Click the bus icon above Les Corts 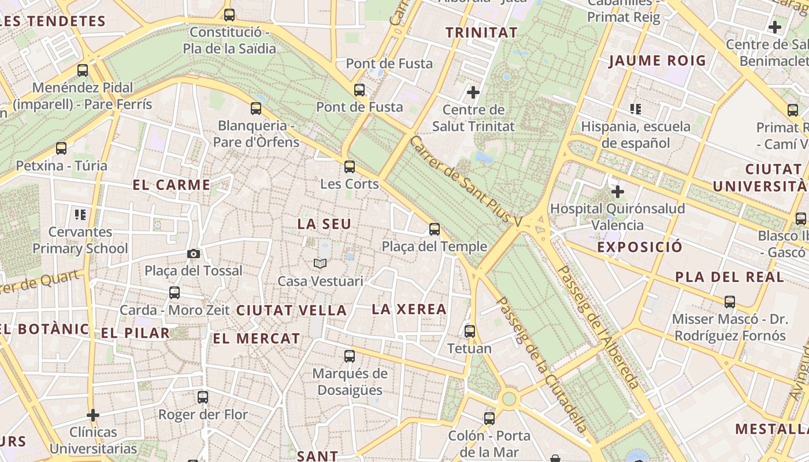[x=349, y=167]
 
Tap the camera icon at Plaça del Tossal [x=194, y=254]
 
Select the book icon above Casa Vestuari [x=320, y=264]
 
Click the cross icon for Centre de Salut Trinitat [x=473, y=92]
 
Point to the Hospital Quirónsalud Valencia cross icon [x=617, y=191]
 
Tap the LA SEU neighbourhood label [x=324, y=224]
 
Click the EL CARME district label [x=172, y=185]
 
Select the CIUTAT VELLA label [x=291, y=310]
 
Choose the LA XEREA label [x=409, y=309]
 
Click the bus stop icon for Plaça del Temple [x=435, y=229]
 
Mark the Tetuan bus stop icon [x=470, y=331]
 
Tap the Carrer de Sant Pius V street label [x=465, y=181]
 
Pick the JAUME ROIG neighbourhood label [x=658, y=61]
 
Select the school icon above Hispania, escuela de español [x=636, y=109]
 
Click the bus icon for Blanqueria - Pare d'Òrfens [x=256, y=108]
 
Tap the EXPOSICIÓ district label [x=640, y=247]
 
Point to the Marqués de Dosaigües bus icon [x=350, y=356]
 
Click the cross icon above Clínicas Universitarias [x=93, y=415]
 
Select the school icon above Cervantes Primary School [x=80, y=215]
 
